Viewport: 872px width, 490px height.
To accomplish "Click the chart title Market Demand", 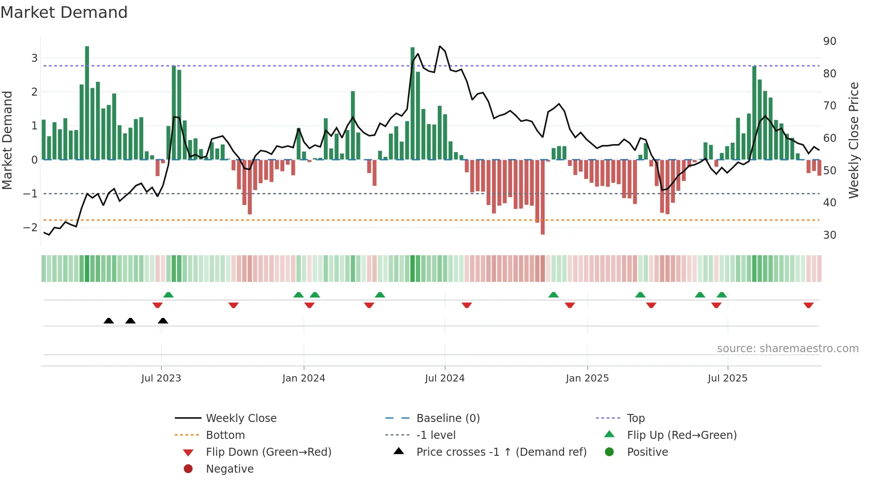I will [64, 12].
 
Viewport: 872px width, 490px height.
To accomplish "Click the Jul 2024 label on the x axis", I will [444, 378].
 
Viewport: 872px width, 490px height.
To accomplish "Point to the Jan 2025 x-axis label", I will [587, 378].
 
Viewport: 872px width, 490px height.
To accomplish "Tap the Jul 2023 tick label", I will [161, 378].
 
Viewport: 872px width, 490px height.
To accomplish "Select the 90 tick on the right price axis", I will [829, 41].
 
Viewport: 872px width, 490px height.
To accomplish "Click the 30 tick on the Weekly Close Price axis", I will [829, 235].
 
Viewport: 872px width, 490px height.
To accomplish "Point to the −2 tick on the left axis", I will [30, 227].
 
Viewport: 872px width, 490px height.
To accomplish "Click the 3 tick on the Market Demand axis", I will [34, 58].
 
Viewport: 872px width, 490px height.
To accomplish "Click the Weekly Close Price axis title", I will [853, 140].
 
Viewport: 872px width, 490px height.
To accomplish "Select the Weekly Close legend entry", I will [241, 418].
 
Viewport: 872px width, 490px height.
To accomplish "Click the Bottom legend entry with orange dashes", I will [225, 435].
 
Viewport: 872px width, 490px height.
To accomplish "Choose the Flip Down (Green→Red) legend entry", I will [268, 452].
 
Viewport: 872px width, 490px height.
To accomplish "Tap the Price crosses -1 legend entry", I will [501, 452].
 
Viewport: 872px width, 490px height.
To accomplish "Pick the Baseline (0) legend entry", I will [448, 418].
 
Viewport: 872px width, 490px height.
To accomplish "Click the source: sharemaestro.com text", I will [787, 348].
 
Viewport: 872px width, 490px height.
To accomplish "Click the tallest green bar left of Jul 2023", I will [87, 102].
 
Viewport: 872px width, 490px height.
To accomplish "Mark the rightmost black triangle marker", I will [163, 321].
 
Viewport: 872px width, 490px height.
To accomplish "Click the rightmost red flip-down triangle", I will [808, 305].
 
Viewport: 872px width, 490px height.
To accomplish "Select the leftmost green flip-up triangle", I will [168, 295].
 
